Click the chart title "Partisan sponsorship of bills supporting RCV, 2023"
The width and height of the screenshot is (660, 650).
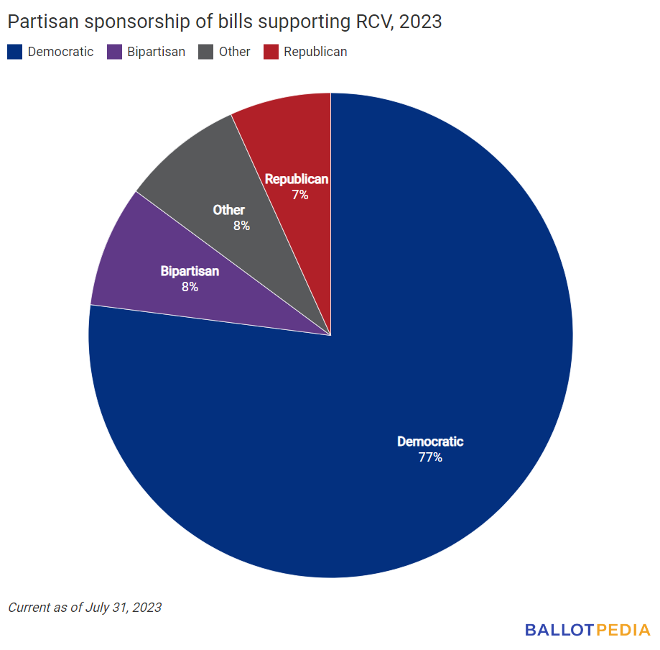tap(225, 22)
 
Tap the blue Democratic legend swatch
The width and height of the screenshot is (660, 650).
tap(15, 52)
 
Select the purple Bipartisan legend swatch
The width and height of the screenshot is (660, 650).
tap(113, 52)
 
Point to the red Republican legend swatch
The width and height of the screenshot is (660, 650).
tap(271, 52)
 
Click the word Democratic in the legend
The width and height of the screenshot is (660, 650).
tap(60, 52)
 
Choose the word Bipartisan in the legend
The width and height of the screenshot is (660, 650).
tap(154, 52)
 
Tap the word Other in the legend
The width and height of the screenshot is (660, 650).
tap(235, 52)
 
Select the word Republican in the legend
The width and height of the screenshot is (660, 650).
tap(315, 52)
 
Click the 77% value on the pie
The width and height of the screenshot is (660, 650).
tap(430, 457)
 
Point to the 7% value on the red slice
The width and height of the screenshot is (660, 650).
tap(300, 194)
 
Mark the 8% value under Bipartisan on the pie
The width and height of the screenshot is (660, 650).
tap(190, 287)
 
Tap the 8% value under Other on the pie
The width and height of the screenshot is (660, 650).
tap(241, 226)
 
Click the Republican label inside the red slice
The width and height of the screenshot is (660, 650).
tap(297, 179)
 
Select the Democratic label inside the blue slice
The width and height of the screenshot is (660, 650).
tap(430, 441)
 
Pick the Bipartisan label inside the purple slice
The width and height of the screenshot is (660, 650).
tap(190, 272)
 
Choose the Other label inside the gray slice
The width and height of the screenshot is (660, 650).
tap(229, 210)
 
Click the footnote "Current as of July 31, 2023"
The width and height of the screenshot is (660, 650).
tap(85, 608)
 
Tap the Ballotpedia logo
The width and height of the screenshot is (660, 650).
tap(587, 630)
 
